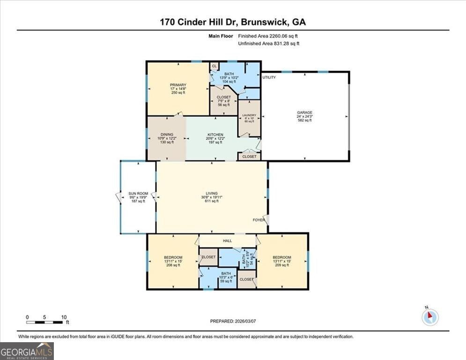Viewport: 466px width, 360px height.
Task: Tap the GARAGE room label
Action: (304, 112)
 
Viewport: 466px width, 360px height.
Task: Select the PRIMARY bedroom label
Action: (178, 85)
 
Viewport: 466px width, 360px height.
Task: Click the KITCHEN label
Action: (213, 135)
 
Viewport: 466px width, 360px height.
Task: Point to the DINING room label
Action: (167, 135)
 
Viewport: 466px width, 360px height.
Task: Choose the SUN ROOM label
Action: (138, 194)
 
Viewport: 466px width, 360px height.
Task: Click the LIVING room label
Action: (212, 193)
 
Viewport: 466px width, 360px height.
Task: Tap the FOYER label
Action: (259, 220)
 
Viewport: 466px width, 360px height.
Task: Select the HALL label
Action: (228, 241)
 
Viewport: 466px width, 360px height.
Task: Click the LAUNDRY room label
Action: (249, 115)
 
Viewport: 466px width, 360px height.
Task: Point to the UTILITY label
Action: (269, 77)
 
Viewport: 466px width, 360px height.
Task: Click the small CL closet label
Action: (215, 66)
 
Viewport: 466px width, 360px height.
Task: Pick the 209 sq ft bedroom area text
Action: (282, 265)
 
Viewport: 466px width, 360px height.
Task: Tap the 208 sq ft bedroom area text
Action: (173, 265)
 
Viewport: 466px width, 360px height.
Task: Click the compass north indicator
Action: (429, 317)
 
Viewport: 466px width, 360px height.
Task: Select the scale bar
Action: (44, 322)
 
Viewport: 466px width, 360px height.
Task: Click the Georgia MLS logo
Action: (27, 351)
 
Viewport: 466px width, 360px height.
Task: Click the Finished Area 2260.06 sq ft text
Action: (268, 36)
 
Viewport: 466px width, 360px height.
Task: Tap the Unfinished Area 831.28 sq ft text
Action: (268, 44)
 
